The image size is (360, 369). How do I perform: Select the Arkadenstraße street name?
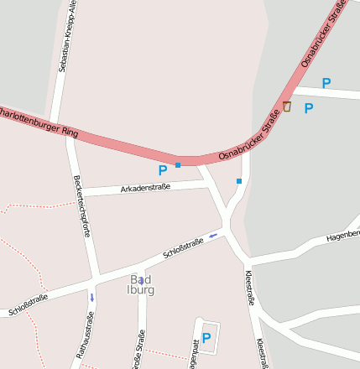145,187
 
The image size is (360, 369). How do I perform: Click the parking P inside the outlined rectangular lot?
206,338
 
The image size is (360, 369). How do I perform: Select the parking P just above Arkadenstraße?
163,170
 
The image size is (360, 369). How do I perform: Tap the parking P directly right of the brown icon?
308,108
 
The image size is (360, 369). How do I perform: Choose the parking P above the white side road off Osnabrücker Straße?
326,83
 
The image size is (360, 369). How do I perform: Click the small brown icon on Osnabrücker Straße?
287,107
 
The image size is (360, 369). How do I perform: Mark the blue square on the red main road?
178,164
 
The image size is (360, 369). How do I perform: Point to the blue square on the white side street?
239,180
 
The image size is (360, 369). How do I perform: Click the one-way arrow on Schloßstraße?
213,235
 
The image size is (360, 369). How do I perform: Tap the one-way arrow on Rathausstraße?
92,297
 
